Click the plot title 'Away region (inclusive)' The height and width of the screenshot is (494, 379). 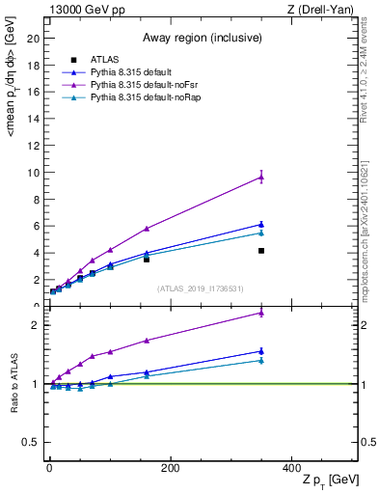coord(203,38)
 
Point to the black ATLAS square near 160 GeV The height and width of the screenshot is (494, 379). coord(147,260)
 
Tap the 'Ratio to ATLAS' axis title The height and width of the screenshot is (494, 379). coord(13,381)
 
